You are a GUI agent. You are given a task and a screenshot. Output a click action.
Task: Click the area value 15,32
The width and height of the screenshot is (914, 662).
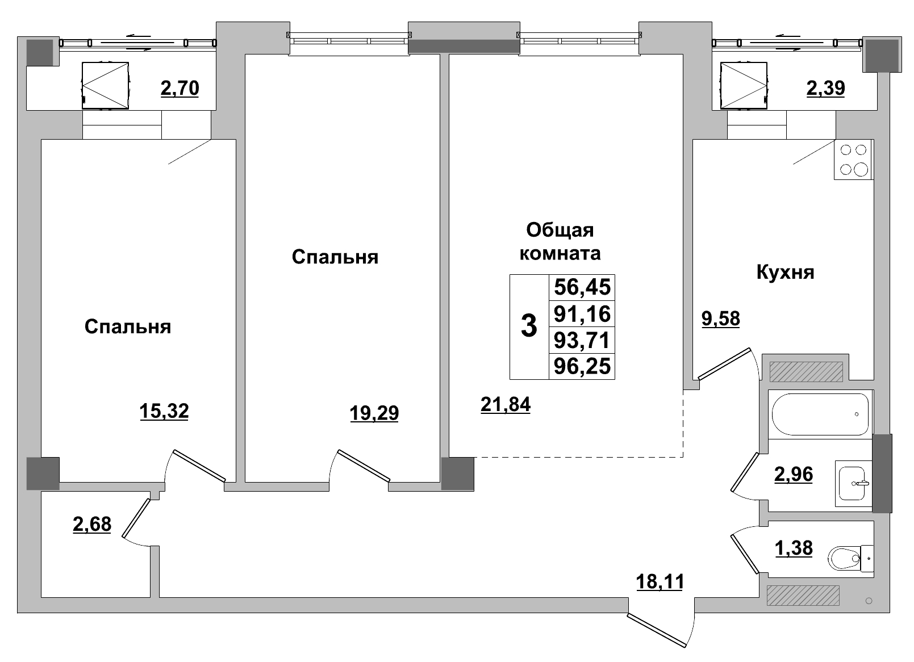point(164,410)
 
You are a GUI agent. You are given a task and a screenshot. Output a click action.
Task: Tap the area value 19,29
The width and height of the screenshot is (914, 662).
point(374,413)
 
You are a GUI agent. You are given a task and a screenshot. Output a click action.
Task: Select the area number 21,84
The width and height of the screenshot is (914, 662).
point(505,404)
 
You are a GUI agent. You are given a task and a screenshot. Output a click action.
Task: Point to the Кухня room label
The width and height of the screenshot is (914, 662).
point(785,273)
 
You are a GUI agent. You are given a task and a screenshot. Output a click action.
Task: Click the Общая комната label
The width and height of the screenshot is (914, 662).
point(560,241)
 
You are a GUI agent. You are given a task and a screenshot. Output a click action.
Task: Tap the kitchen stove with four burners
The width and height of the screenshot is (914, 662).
point(853,160)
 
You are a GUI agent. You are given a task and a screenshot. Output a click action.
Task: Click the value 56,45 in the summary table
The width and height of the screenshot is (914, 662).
point(582,287)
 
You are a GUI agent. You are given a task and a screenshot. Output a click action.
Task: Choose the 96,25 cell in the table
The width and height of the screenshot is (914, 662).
point(582,366)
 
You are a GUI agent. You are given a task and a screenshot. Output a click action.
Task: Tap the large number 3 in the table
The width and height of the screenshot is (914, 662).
point(529,327)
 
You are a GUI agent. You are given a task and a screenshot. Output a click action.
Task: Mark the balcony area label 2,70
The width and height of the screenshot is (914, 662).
point(180,89)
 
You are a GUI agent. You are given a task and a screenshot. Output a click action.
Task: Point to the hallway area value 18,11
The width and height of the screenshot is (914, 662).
point(660,581)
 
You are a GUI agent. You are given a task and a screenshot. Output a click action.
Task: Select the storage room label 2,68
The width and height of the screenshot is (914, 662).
point(92,524)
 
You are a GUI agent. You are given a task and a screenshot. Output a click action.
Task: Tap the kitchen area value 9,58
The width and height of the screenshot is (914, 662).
point(721,319)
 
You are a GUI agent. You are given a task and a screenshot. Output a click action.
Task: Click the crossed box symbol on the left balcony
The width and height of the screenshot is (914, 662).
point(106,85)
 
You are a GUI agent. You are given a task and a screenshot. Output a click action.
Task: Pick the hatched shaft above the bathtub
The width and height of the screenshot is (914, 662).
point(806,371)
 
